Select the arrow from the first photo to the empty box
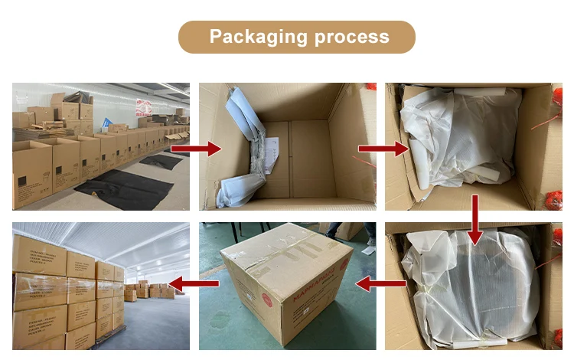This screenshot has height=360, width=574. (206, 148)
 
